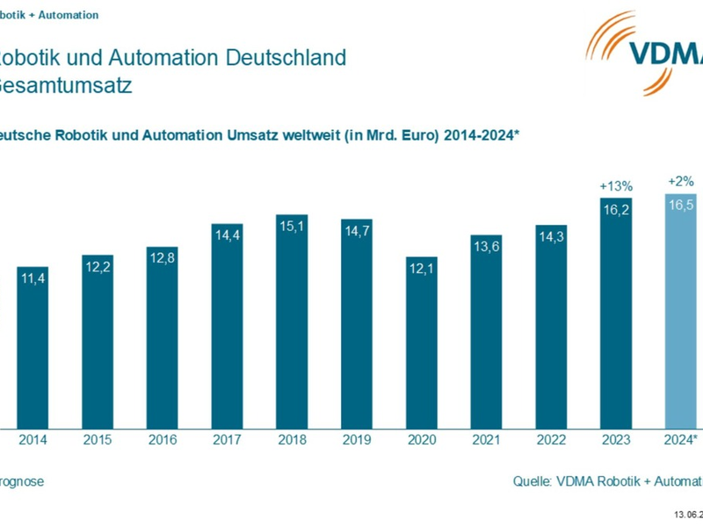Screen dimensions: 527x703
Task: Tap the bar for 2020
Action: (x=421, y=343)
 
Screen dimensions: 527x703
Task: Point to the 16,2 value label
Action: (x=616, y=210)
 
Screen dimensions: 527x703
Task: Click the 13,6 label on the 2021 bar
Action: (x=486, y=246)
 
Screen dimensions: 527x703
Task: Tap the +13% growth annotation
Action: (x=616, y=186)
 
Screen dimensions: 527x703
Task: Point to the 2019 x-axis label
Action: (x=356, y=440)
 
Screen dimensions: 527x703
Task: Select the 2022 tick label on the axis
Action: (x=551, y=440)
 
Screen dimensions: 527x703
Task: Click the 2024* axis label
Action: (x=681, y=440)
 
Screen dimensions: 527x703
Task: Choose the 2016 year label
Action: (x=163, y=440)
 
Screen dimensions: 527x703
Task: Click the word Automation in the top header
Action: (x=69, y=15)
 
